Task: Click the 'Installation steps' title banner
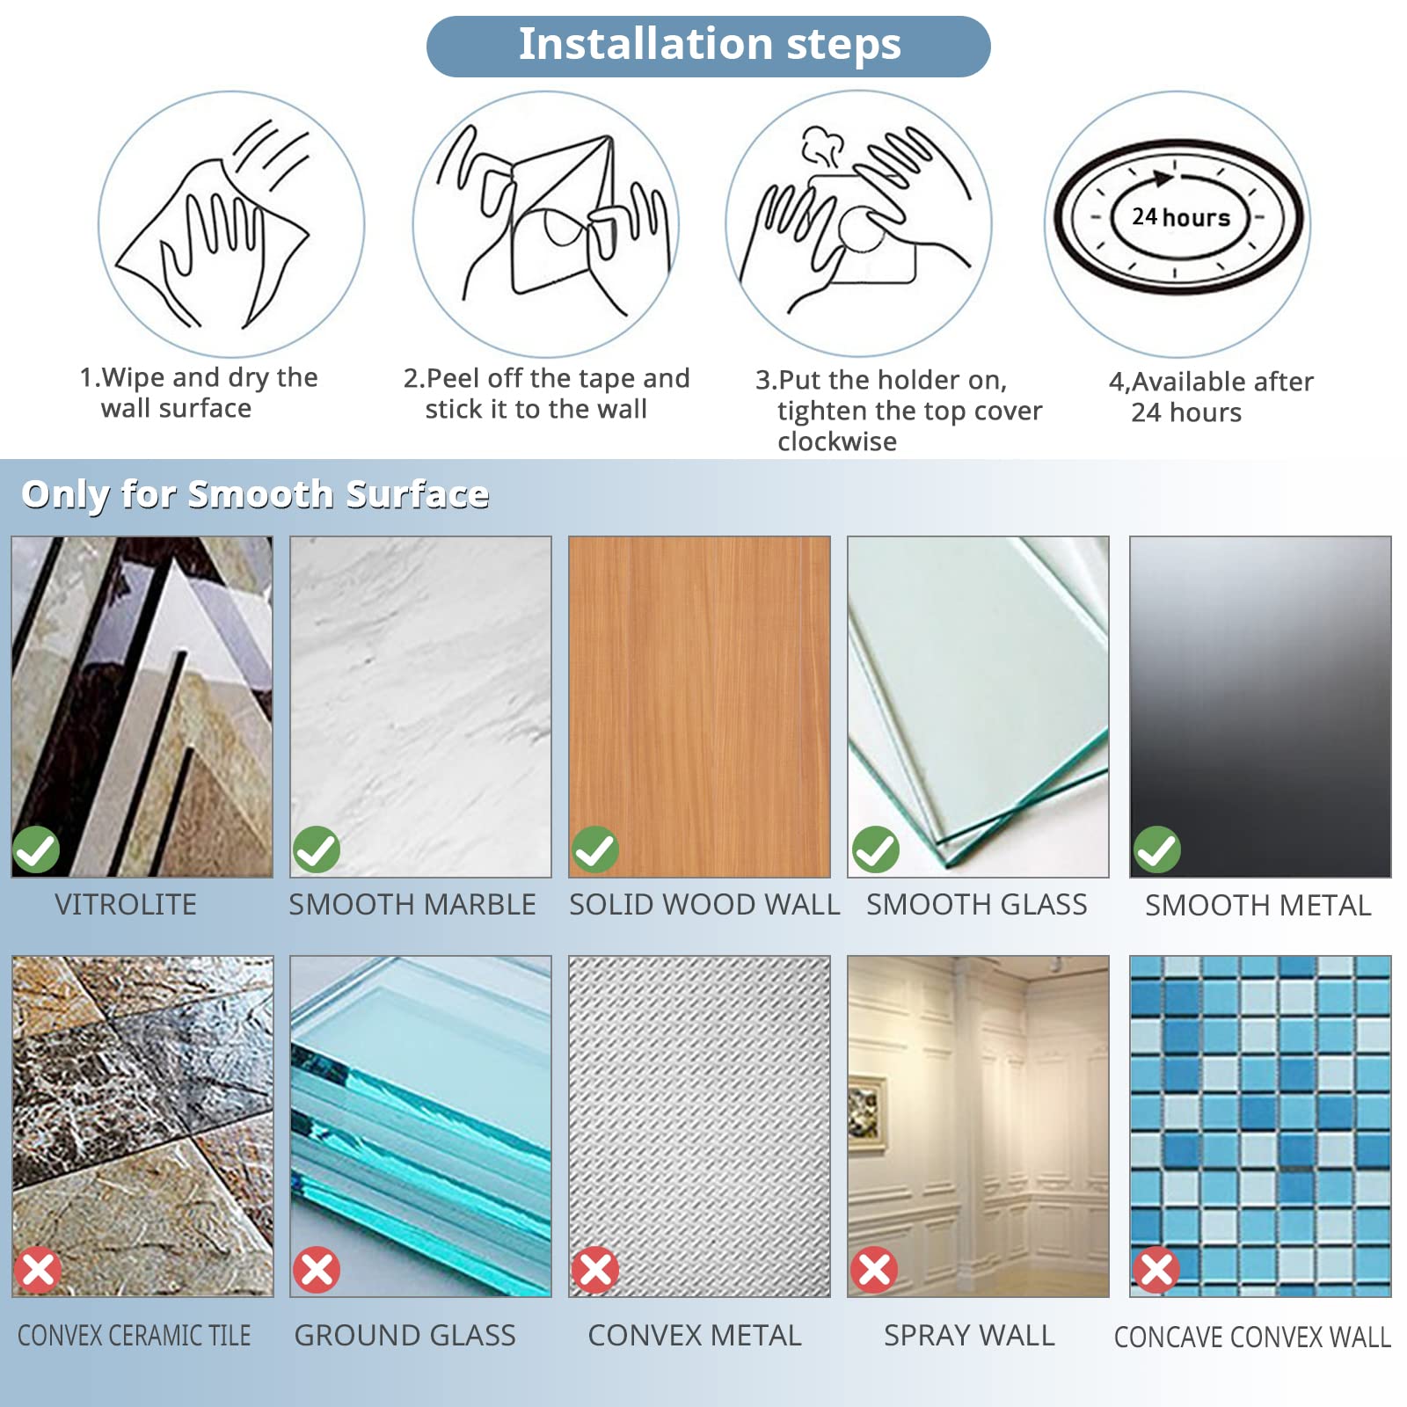(709, 46)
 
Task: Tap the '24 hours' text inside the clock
(1181, 216)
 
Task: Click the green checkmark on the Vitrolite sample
(36, 849)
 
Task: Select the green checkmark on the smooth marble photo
(316, 849)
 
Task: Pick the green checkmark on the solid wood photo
(595, 849)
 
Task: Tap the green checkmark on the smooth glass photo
(875, 849)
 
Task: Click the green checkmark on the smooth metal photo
(1156, 849)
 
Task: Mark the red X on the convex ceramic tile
(38, 1270)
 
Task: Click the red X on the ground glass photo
(317, 1270)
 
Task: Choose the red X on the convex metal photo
(595, 1270)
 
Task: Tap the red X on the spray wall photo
(874, 1270)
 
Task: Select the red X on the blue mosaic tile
(1156, 1270)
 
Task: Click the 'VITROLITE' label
(126, 905)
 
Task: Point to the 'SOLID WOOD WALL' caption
(704, 905)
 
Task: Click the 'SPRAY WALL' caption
(969, 1336)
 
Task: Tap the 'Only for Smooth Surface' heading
(255, 495)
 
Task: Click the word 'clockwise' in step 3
(837, 441)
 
